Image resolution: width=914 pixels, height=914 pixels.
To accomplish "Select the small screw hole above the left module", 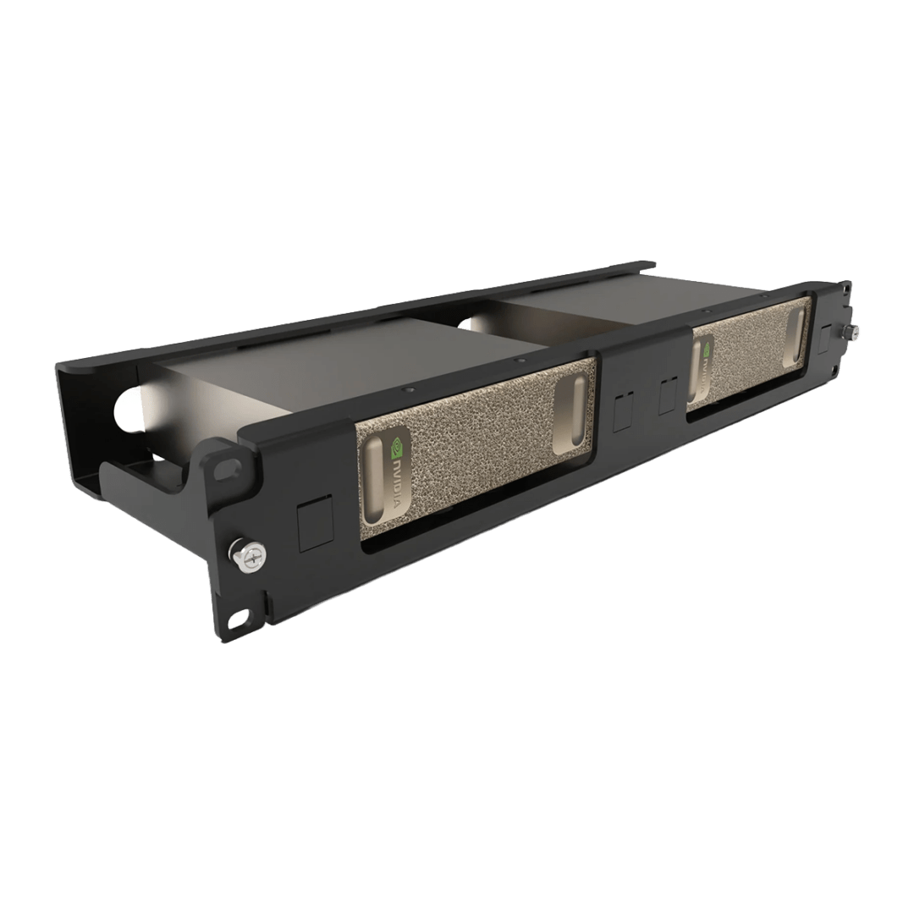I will click(x=409, y=392).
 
